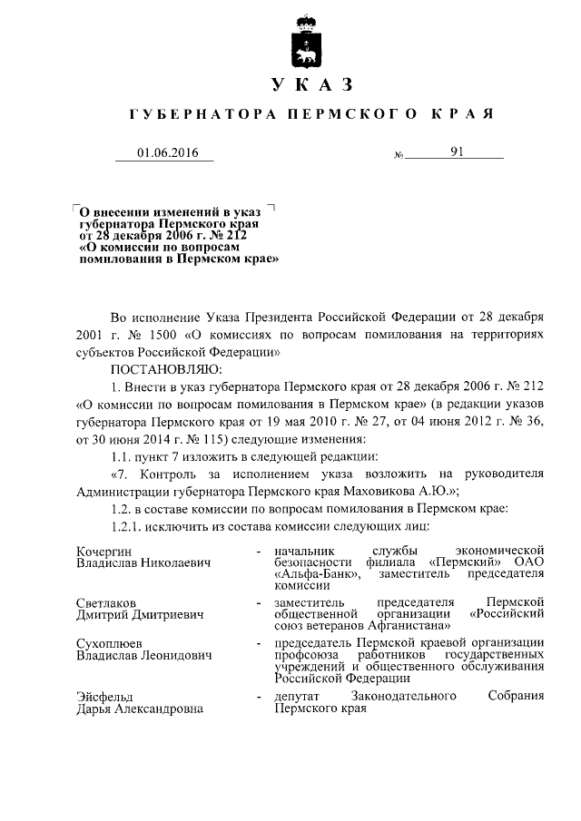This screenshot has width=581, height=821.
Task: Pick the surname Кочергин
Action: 104,551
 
